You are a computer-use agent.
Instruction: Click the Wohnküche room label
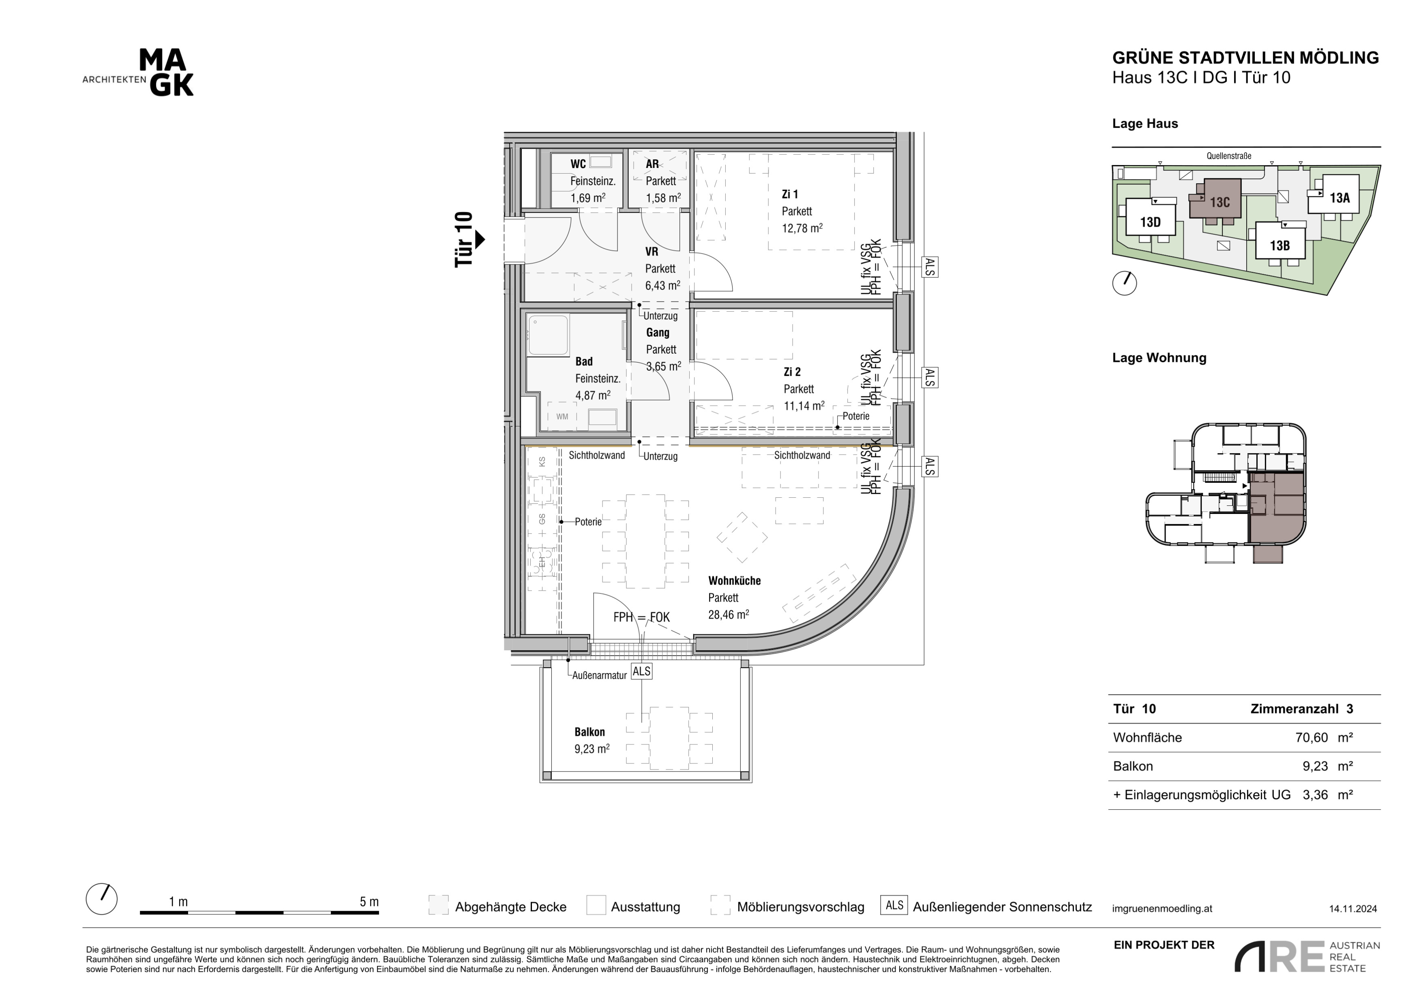(734, 580)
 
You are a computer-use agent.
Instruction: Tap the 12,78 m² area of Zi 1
(802, 228)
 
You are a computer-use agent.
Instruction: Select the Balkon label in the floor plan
(589, 732)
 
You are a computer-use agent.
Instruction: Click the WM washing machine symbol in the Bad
(562, 416)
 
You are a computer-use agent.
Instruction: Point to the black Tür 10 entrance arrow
(480, 239)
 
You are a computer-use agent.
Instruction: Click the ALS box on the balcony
(641, 671)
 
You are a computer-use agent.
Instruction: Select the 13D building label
(1150, 222)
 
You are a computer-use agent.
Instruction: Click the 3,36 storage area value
(1315, 795)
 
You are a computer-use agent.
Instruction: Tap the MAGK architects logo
(138, 73)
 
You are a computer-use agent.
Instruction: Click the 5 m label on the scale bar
(369, 902)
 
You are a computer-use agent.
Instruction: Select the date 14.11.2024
(1353, 909)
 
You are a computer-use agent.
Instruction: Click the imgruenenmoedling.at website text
(1162, 909)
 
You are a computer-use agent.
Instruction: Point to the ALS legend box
(894, 906)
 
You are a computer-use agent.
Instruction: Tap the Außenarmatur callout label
(600, 676)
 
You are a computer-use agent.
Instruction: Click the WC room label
(578, 164)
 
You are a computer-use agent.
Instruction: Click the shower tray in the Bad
(548, 336)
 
